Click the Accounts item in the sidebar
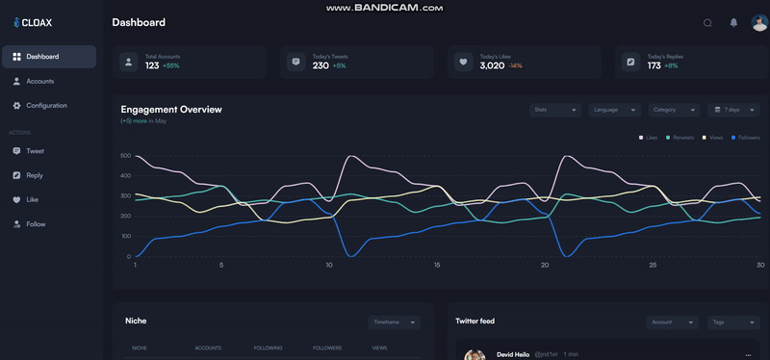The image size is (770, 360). tap(39, 82)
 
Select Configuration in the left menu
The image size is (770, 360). tap(46, 106)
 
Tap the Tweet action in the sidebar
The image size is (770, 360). tap(35, 151)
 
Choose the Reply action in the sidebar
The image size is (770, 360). tap(35, 175)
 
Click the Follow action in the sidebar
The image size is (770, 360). tap(36, 224)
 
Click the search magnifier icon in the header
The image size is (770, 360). tap(707, 23)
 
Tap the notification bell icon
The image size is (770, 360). tap(733, 23)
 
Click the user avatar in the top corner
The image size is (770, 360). tap(758, 23)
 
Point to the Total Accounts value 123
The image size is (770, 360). tap(152, 65)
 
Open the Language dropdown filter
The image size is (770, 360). tap(615, 110)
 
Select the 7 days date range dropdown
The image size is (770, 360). tap(733, 110)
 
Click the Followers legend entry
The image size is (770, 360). tap(746, 138)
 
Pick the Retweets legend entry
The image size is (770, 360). tap(680, 138)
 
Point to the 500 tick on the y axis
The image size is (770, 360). tap(125, 155)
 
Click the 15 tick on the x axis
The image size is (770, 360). tap(437, 266)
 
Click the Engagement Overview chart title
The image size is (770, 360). tap(171, 110)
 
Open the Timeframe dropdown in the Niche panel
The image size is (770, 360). tap(395, 322)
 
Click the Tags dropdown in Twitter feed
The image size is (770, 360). tap(731, 322)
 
